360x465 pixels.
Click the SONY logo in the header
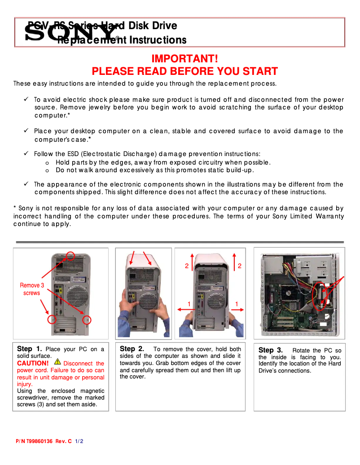pos(70,33)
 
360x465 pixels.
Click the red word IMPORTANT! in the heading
pos(184,59)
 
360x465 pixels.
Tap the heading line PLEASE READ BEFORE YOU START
pos(184,71)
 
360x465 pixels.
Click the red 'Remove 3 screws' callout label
pos(32,289)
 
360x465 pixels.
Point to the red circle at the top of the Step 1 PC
pos(70,256)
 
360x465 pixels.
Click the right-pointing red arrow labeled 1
pos(238,309)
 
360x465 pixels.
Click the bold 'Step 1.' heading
pos(30,349)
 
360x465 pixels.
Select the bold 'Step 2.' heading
pos(132,349)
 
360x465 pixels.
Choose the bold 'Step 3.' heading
pos(271,350)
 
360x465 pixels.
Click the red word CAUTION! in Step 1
pos(33,363)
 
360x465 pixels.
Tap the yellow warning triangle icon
pos(57,361)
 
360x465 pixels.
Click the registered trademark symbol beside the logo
pos(117,39)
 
